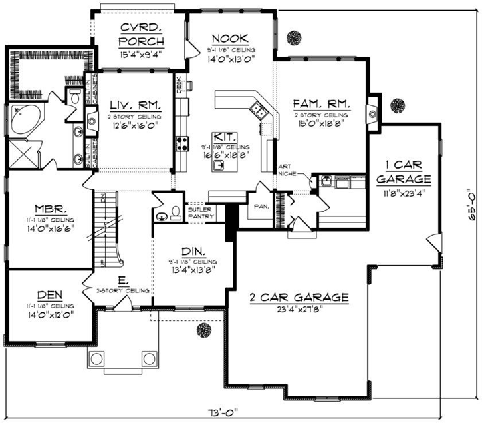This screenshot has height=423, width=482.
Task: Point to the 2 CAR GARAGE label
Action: click(299, 297)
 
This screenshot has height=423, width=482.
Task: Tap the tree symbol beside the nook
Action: click(293, 37)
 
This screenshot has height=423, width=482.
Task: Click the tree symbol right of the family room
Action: click(398, 106)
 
